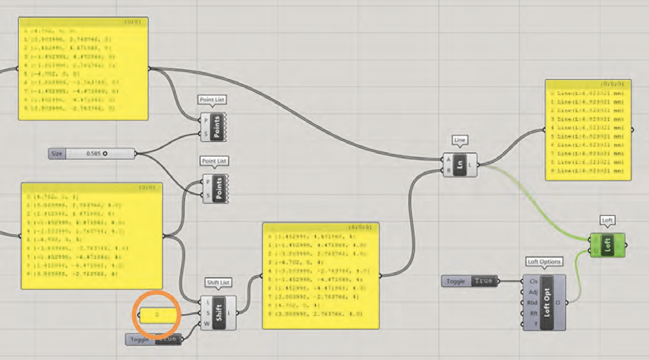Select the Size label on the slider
tap(58, 153)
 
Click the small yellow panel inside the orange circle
tap(157, 315)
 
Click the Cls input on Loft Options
tap(532, 281)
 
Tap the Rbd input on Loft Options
tap(532, 301)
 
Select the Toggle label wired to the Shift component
tap(140, 338)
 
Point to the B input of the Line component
tap(448, 169)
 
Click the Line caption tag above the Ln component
tap(459, 140)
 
